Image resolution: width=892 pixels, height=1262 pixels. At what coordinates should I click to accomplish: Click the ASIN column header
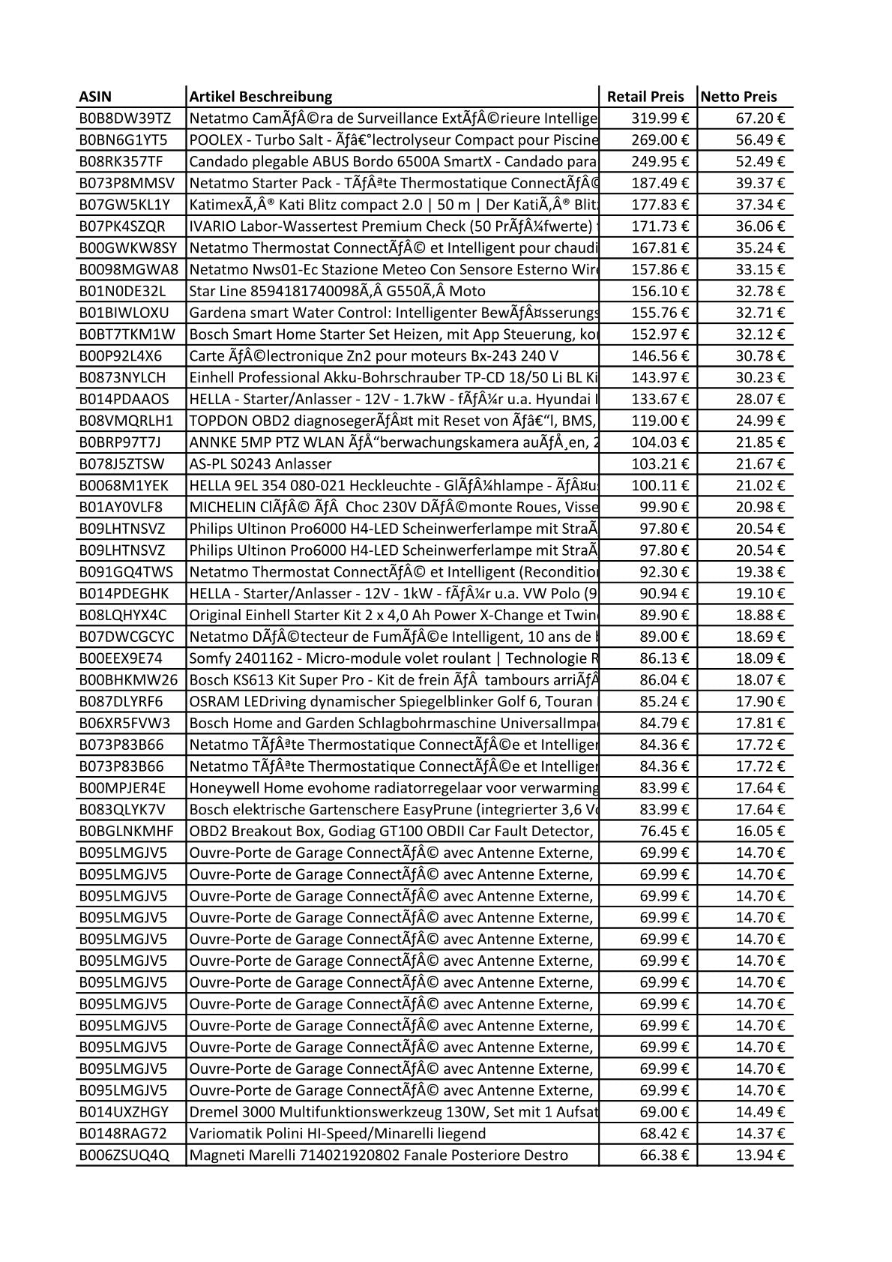pyautogui.click(x=95, y=97)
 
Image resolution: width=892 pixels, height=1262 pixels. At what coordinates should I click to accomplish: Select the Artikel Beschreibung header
pyautogui.click(x=261, y=97)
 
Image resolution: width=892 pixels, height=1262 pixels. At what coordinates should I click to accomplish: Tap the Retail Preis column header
pyautogui.click(x=645, y=97)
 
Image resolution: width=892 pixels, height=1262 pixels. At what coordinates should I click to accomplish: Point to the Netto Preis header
pyautogui.click(x=739, y=97)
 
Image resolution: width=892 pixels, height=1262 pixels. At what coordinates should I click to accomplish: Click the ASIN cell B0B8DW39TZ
pyautogui.click(x=124, y=118)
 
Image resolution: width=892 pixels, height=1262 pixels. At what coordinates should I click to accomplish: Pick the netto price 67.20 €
pyautogui.click(x=759, y=118)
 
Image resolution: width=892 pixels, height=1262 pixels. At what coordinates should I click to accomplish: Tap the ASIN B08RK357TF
pyautogui.click(x=121, y=161)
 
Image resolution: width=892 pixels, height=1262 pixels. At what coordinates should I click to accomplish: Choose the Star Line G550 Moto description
pyautogui.click(x=337, y=291)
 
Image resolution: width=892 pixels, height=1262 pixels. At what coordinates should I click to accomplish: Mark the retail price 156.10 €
pyautogui.click(x=660, y=291)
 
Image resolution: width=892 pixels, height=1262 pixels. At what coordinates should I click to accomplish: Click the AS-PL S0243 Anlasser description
pyautogui.click(x=260, y=464)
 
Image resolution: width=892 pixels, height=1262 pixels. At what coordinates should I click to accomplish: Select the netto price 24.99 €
pyautogui.click(x=759, y=421)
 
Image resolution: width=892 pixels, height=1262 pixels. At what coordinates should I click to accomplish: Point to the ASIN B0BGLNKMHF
pyautogui.click(x=126, y=831)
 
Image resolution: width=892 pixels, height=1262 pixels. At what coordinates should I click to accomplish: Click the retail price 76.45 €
pyautogui.click(x=663, y=831)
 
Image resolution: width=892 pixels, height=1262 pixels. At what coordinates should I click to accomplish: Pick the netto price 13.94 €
pyautogui.click(x=759, y=1156)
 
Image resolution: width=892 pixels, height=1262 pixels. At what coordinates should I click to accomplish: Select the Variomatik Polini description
pyautogui.click(x=337, y=1134)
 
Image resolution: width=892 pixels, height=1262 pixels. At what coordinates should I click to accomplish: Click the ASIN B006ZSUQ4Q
pyautogui.click(x=124, y=1156)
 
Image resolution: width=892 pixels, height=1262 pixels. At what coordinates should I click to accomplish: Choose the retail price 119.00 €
pyautogui.click(x=660, y=421)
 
